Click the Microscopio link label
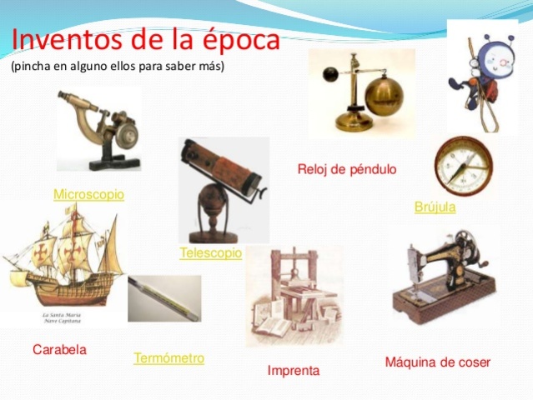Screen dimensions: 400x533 tap(88, 194)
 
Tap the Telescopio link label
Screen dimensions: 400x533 tap(210, 252)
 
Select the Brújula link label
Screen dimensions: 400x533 tap(435, 207)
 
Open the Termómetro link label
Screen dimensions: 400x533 tap(168, 358)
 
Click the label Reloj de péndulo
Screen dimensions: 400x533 tap(347, 169)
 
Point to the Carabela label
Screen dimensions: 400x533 tap(59, 349)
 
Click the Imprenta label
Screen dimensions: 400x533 tap(293, 370)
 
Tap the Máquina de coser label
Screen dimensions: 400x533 tap(437, 362)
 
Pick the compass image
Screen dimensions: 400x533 tap(458, 165)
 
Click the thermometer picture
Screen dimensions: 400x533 tap(163, 298)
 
